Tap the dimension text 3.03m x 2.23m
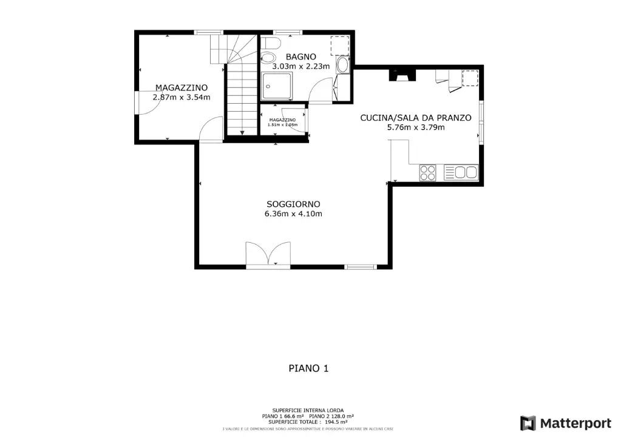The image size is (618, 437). (301, 67)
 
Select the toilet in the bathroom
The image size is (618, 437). (269, 52)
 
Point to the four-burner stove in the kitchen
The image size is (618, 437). (428, 172)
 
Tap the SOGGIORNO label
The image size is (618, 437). (293, 204)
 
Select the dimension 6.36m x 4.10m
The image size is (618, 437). (293, 214)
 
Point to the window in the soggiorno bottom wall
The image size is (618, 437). (361, 266)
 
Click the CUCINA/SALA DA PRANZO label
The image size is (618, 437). (415, 118)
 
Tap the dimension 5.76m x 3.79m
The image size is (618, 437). (415, 127)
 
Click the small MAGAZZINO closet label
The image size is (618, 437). (282, 120)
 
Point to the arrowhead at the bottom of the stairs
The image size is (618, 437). (242, 132)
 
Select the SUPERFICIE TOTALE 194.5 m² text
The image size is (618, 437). (308, 422)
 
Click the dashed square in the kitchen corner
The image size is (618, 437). (470, 78)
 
